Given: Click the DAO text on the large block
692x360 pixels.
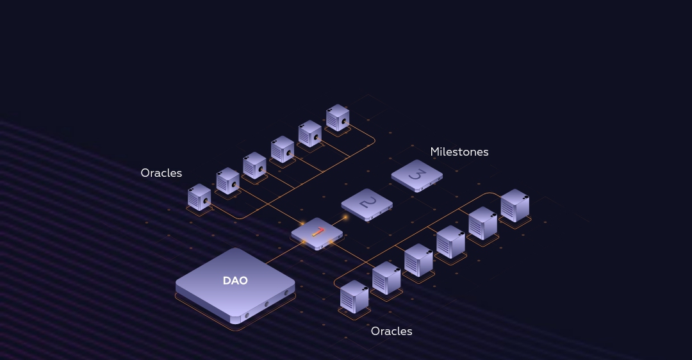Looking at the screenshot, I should pyautogui.click(x=235, y=281).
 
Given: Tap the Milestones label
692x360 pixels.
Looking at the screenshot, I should pyautogui.click(x=459, y=152).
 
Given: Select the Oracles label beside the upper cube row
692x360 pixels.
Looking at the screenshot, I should pyautogui.click(x=161, y=173).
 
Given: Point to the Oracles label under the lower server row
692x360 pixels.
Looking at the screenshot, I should pyautogui.click(x=391, y=331).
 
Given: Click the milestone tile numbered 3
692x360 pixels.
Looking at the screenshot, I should pyautogui.click(x=416, y=175).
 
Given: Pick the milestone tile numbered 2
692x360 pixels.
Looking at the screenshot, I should pyautogui.click(x=367, y=204).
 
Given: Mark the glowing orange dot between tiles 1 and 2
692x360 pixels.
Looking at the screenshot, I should pyautogui.click(x=345, y=218).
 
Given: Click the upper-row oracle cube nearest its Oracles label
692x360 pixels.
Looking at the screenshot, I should pyautogui.click(x=199, y=197).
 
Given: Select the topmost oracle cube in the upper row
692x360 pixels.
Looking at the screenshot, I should pyautogui.click(x=338, y=117).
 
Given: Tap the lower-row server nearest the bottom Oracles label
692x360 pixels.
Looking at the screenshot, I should pyautogui.click(x=354, y=297).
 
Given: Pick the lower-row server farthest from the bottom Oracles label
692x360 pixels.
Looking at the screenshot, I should pyautogui.click(x=515, y=205).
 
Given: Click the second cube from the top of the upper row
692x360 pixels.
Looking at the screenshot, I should pyautogui.click(x=310, y=133).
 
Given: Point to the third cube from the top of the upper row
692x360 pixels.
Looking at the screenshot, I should pyautogui.click(x=283, y=149).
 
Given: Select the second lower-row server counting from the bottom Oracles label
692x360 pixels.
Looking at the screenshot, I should pyautogui.click(x=386, y=278).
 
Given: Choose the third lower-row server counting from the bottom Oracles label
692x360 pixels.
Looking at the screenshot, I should pyautogui.click(x=418, y=260).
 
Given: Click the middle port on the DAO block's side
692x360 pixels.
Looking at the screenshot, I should pyautogui.click(x=266, y=304).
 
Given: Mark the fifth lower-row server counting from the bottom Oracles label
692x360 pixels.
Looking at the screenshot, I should pyautogui.click(x=482, y=223).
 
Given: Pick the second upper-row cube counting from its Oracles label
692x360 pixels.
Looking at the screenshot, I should pyautogui.click(x=227, y=181).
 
